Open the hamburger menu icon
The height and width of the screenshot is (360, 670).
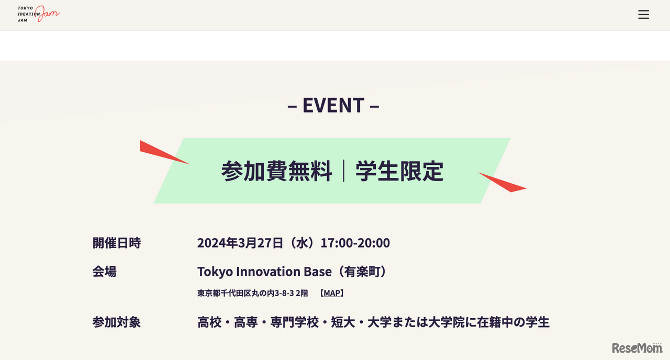643,15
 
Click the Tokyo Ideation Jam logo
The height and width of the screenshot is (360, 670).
38,15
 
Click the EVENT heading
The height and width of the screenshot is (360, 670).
333,105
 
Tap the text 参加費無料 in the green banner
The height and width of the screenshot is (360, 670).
276,171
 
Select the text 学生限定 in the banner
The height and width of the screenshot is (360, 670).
399,171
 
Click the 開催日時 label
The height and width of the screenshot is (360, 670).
116,243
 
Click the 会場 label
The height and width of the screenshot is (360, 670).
104,272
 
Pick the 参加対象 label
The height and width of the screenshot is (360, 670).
116,322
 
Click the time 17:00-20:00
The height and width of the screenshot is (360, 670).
355,243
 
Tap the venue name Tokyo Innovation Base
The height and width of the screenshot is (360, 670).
264,272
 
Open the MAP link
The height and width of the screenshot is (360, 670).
332,293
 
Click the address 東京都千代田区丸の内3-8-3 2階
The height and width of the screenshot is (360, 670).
252,293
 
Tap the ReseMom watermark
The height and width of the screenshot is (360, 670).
637,347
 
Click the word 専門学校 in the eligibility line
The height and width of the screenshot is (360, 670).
294,322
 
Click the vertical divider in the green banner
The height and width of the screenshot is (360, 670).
344,171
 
